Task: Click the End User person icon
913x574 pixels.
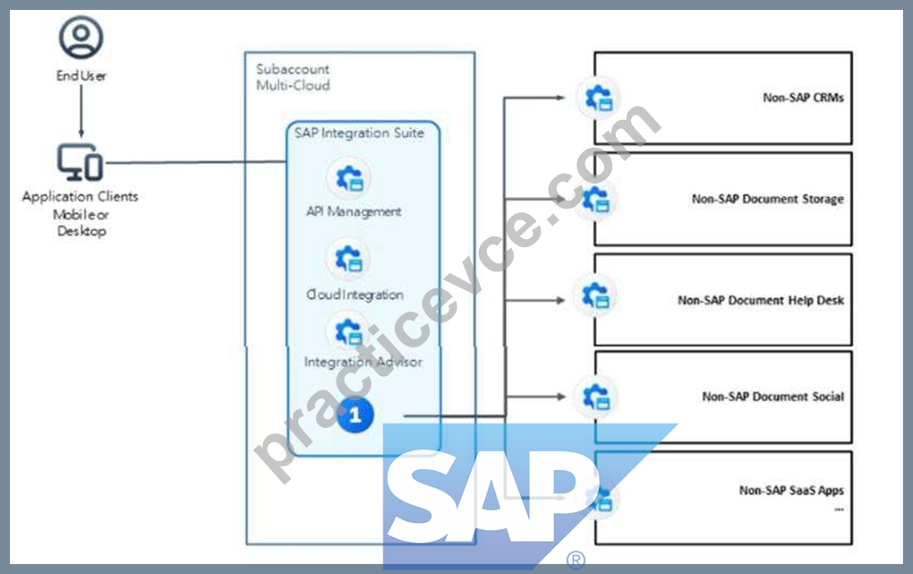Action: click(x=81, y=38)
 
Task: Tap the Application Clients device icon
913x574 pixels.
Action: click(x=81, y=163)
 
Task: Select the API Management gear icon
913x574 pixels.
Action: click(x=350, y=178)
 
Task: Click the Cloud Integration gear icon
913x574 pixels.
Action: click(x=349, y=258)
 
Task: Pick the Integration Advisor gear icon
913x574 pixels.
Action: click(x=349, y=331)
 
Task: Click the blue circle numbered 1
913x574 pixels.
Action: click(x=355, y=415)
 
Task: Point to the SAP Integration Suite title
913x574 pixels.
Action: click(x=359, y=133)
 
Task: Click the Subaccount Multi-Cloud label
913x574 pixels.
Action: click(x=293, y=77)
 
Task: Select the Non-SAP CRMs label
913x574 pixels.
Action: click(x=803, y=98)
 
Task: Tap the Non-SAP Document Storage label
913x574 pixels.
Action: click(x=767, y=199)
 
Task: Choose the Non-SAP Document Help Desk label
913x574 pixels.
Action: click(x=761, y=300)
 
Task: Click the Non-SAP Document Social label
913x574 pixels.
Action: click(x=772, y=397)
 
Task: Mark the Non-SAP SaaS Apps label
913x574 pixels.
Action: click(x=791, y=490)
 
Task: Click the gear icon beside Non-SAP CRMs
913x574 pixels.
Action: click(x=599, y=98)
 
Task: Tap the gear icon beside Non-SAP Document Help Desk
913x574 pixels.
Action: click(x=595, y=296)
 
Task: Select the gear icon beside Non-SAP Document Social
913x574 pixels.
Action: click(x=596, y=397)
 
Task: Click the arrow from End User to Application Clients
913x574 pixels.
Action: click(x=81, y=111)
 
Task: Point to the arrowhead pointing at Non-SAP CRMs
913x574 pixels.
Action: click(x=560, y=98)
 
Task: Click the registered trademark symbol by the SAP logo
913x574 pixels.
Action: click(x=576, y=560)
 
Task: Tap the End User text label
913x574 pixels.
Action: click(x=81, y=76)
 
